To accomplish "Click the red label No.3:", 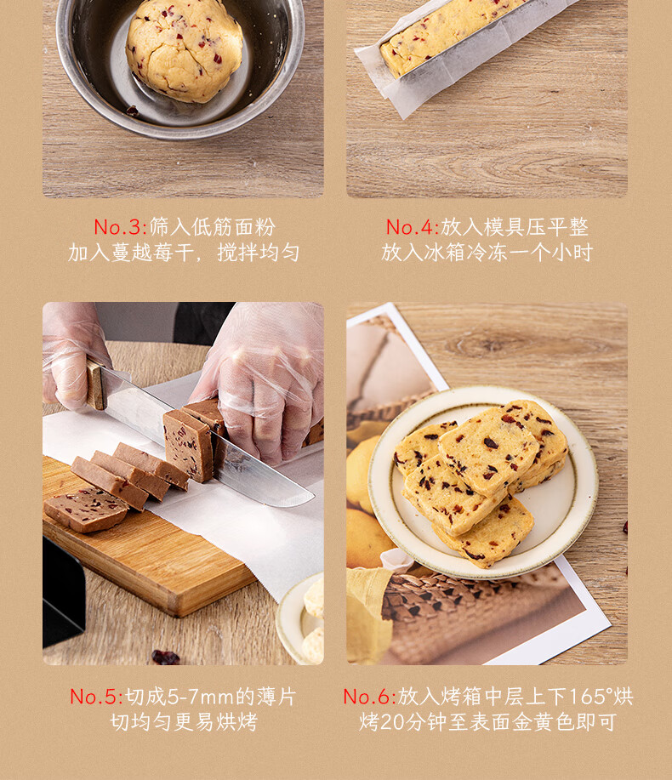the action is click(121, 227).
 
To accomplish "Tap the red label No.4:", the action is click(413, 227).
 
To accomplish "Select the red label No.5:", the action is click(96, 697).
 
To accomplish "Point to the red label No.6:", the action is click(369, 697).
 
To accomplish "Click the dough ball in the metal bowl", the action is click(184, 48).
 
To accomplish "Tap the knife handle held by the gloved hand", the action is click(96, 385).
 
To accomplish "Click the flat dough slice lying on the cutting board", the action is click(86, 510).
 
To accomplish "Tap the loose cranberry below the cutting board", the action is click(166, 658).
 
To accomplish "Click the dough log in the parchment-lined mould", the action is click(447, 35).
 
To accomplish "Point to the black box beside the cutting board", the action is click(63, 592).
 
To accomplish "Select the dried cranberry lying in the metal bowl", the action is click(133, 111).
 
